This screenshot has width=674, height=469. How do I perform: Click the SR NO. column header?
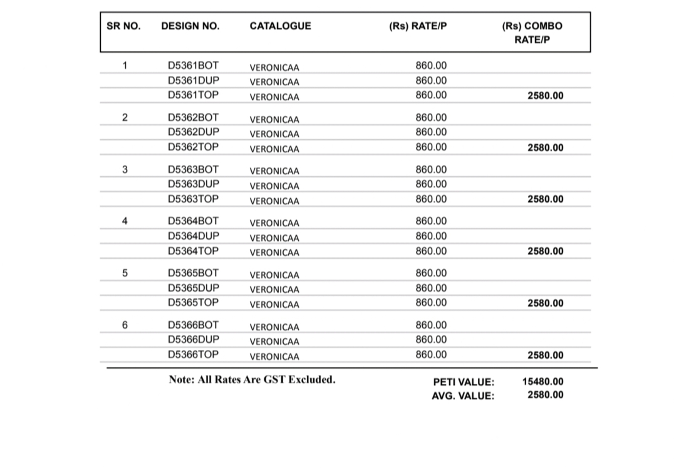tap(123, 26)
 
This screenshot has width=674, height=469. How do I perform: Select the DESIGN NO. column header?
tap(190, 26)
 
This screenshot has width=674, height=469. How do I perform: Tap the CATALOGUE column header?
tap(280, 26)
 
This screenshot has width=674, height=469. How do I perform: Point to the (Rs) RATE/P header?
tap(418, 26)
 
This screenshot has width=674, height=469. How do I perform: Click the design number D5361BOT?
tap(194, 65)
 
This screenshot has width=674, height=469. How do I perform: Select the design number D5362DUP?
tap(194, 132)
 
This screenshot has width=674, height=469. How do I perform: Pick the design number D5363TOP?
tap(194, 199)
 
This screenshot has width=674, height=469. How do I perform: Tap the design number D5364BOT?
tap(194, 221)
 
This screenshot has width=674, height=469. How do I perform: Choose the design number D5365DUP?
tap(194, 288)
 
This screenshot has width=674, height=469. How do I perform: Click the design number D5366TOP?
tap(194, 354)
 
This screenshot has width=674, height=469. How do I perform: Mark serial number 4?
tap(125, 221)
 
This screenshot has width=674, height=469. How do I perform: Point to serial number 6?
tap(125, 325)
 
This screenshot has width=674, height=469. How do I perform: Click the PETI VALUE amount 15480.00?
tap(542, 381)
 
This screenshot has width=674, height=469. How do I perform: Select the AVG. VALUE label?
tap(462, 396)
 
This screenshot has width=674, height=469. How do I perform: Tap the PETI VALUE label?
tap(464, 382)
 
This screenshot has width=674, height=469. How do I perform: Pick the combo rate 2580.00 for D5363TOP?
tap(545, 199)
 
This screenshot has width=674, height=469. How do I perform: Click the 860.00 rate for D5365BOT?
tap(431, 273)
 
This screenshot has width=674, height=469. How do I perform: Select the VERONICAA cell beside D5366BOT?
tap(274, 327)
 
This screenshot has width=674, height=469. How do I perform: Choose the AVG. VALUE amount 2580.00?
tap(545, 394)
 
